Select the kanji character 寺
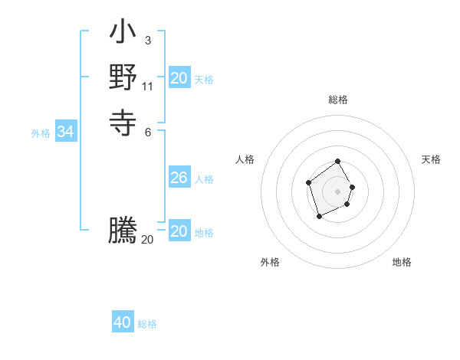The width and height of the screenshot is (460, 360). coord(123,122)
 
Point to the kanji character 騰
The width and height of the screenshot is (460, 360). coord(123,231)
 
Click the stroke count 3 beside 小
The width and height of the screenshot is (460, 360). coord(147,41)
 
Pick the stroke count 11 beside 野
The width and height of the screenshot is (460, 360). coord(148,85)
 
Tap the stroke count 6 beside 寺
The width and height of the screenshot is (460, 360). coord(147,132)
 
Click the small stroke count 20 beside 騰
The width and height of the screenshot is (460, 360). coord(147,240)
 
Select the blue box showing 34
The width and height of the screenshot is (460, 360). coord(66,133)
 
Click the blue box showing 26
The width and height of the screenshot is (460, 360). coord(179,178)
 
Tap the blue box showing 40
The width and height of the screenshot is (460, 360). coord(123,323)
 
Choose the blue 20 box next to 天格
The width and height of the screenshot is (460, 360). coord(179,78)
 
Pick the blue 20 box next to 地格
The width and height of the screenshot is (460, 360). coord(179,231)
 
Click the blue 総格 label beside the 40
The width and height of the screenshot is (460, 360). coord(147,324)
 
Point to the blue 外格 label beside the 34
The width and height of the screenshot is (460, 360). coord(41,133)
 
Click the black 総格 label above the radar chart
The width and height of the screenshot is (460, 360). coord(338,100)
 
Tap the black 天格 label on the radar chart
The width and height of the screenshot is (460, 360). coord(431,159)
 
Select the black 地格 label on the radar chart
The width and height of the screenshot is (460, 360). coord(402,262)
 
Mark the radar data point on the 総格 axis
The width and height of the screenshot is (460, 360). coord(338,162)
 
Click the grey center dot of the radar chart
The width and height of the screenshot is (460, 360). coord(338,191)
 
